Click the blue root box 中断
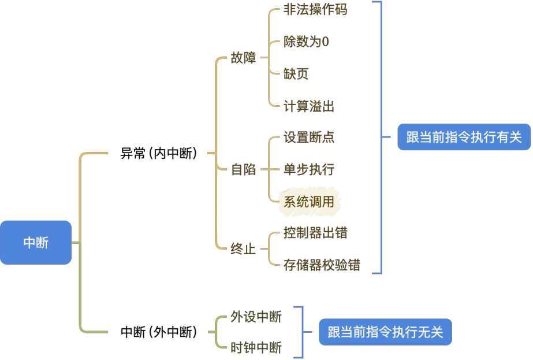[x=36, y=243]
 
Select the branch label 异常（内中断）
[x=159, y=154]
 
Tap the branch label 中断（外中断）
[x=159, y=332]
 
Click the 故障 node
[x=243, y=58]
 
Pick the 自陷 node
[x=243, y=170]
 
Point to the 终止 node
[x=243, y=250]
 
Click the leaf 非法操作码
[x=315, y=10]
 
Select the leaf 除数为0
[x=306, y=42]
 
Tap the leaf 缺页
[x=296, y=74]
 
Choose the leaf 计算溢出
[x=309, y=106]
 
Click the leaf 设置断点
[x=309, y=138]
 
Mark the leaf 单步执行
[x=309, y=170]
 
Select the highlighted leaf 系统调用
[x=309, y=202]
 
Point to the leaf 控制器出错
[x=315, y=233]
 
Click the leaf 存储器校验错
[x=322, y=265]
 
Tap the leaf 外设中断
[x=256, y=317]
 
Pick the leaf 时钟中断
[x=256, y=348]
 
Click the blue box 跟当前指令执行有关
[x=464, y=137]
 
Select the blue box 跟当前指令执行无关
[x=385, y=332]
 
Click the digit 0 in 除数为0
[x=325, y=42]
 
